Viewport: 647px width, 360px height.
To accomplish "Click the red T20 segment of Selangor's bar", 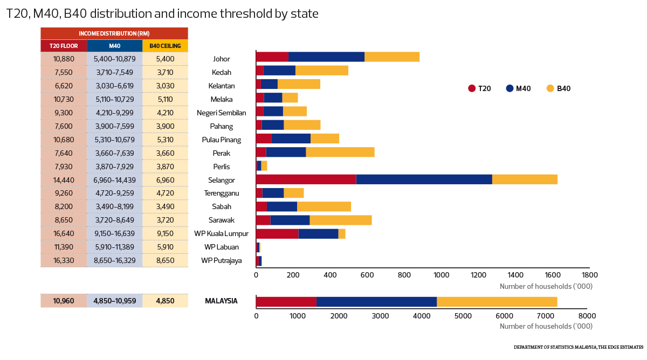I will pyautogui.click(x=306, y=179).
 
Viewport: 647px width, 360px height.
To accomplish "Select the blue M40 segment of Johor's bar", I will pyautogui.click(x=326, y=57).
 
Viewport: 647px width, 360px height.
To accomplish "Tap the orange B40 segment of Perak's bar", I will pyautogui.click(x=340, y=152).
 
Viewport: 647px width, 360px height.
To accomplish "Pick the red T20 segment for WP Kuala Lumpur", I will pyautogui.click(x=277, y=233).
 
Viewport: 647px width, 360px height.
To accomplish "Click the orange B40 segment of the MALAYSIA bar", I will pyautogui.click(x=497, y=301).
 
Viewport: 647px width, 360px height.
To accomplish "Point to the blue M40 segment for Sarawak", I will pyautogui.click(x=290, y=220).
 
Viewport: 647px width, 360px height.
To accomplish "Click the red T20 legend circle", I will pyautogui.click(x=472, y=88).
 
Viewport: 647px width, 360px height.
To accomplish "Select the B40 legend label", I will pyautogui.click(x=563, y=88).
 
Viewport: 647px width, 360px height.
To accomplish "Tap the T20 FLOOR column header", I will pyautogui.click(x=64, y=46).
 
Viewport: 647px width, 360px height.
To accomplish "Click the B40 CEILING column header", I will pyautogui.click(x=165, y=46).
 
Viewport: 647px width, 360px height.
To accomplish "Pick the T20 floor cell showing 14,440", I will pyautogui.click(x=64, y=180).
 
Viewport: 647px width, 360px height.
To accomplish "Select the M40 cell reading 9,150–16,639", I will pyautogui.click(x=114, y=234).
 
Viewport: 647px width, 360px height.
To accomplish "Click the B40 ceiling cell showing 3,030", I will pyautogui.click(x=165, y=86).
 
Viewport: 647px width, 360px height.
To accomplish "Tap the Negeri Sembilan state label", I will pyautogui.click(x=222, y=113).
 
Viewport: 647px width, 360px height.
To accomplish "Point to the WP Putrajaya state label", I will pyautogui.click(x=222, y=261).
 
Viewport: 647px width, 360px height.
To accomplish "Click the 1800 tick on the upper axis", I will pyautogui.click(x=589, y=275).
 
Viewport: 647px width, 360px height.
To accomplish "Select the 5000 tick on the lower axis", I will pyautogui.click(x=463, y=316).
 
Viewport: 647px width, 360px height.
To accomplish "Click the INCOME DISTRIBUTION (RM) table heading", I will pyautogui.click(x=114, y=33).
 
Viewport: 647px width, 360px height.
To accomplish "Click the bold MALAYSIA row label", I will pyautogui.click(x=221, y=301).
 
